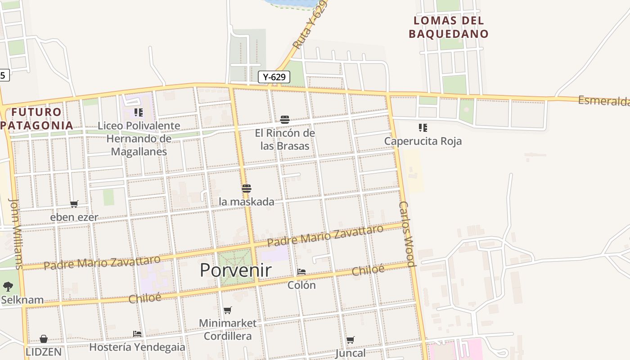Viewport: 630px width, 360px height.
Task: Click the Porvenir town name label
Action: [x=235, y=270]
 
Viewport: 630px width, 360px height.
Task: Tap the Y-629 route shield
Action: [x=274, y=77]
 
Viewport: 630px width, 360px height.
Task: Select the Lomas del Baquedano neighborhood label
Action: [x=448, y=27]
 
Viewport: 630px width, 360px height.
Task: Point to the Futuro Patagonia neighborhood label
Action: [x=37, y=118]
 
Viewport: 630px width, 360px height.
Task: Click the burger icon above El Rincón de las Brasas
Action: [x=284, y=119]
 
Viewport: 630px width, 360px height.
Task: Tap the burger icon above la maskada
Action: [x=246, y=188]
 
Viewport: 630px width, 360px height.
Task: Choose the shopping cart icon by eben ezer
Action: [x=74, y=204]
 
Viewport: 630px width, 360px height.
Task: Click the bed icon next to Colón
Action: [x=301, y=272]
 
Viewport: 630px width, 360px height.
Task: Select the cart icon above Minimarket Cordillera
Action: [x=228, y=310]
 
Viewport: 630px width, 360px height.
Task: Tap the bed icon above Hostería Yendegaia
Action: [x=137, y=333]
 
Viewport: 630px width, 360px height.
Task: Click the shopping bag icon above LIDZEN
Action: [x=44, y=338]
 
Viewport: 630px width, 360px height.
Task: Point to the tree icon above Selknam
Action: [x=8, y=286]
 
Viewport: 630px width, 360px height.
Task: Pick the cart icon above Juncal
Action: [x=350, y=340]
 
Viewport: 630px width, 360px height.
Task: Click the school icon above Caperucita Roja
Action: [x=423, y=128]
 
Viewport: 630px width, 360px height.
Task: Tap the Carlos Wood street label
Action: [x=406, y=234]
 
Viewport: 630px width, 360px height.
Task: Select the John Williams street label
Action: [x=16, y=234]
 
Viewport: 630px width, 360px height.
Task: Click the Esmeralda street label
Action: [x=603, y=101]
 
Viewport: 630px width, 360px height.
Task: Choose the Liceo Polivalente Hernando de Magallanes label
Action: [x=139, y=139]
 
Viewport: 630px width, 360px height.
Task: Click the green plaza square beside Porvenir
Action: [x=236, y=267]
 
